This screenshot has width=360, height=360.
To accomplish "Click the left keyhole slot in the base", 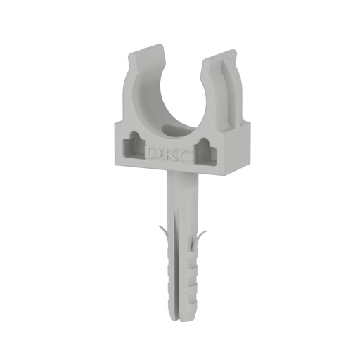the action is click(134, 146).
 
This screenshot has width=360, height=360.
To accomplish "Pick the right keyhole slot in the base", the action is click(205, 150).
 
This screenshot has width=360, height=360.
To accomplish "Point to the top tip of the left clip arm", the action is click(160, 44).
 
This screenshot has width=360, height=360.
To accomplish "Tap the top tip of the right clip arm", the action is click(232, 50).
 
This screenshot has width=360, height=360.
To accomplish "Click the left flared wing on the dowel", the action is click(165, 235).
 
